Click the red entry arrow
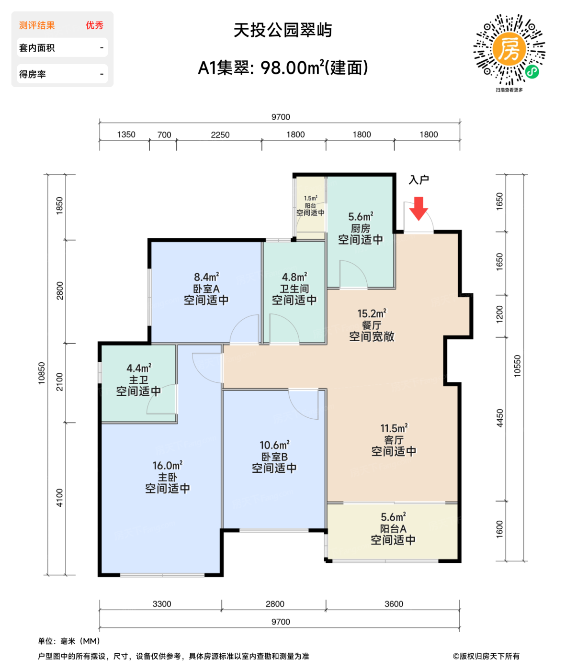pos(419,208)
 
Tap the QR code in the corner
pos(509,50)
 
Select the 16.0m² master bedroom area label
pos(168,466)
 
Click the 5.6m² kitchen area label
pos(361,217)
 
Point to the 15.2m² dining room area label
pos(372,314)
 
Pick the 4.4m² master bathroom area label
pos(139,368)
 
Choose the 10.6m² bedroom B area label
pos(274,446)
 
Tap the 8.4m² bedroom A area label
pos(206,278)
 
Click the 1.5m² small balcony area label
pos(310,198)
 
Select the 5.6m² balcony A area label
pos(393,517)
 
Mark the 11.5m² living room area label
pos(394,429)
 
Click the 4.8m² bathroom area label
pos(294,278)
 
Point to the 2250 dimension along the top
pos(220,135)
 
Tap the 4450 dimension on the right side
pos(500,418)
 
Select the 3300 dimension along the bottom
pos(162,604)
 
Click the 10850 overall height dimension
pos(42,373)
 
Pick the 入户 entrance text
pos(419,180)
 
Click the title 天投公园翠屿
pos(283,30)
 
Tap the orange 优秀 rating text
pos(94,25)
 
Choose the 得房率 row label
pos(33,74)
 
